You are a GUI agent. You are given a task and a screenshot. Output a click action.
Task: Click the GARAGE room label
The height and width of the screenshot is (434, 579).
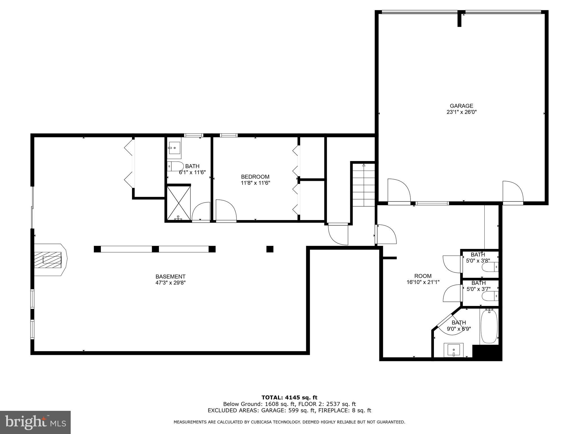[x=461, y=106]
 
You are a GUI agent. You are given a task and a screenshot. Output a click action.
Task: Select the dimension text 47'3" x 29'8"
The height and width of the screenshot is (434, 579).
[x=170, y=283]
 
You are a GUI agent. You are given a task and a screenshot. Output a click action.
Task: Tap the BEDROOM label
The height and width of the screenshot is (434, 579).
[x=255, y=177]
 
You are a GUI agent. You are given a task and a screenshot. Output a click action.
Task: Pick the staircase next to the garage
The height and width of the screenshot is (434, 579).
[x=364, y=185]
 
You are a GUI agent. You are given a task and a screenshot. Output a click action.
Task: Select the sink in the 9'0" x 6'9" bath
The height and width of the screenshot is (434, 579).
[x=453, y=350]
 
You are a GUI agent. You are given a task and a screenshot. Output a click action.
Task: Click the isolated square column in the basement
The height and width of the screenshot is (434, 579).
[x=270, y=249]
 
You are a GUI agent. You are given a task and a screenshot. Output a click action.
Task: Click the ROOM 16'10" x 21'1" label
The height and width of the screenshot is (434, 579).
[x=423, y=279]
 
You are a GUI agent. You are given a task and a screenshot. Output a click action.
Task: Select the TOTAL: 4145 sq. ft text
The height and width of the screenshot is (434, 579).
[x=289, y=398]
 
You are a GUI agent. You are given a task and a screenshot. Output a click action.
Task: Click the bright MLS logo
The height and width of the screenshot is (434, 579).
[x=35, y=422]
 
